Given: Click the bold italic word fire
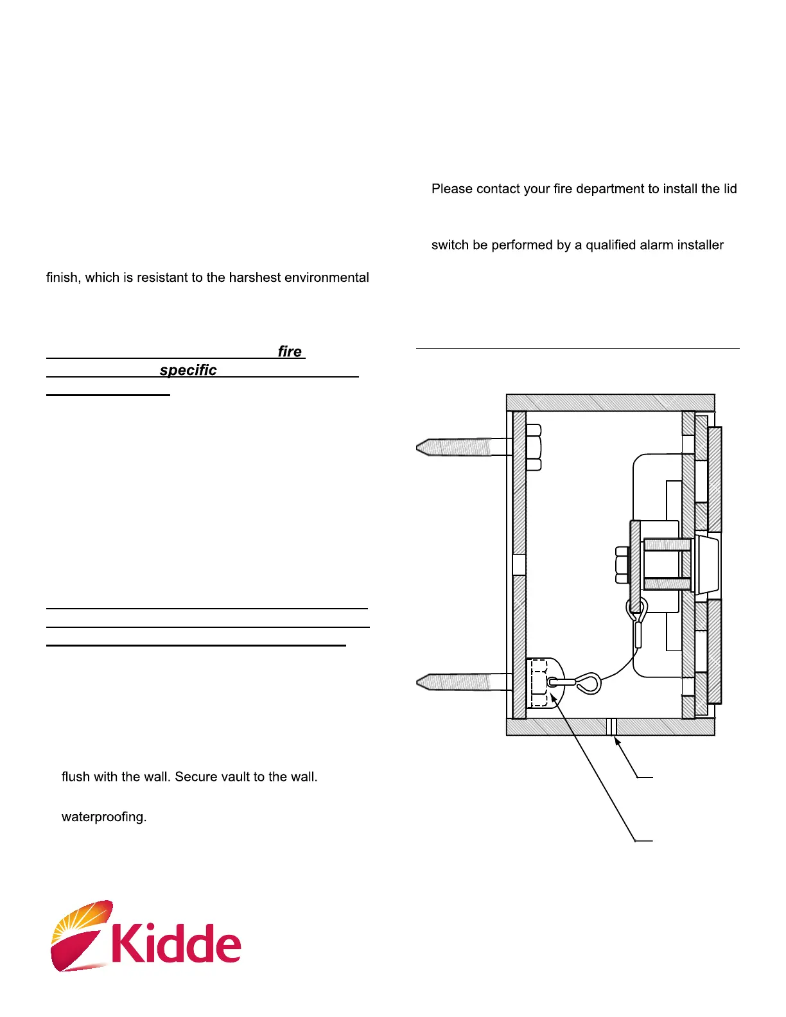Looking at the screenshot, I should click(290, 351).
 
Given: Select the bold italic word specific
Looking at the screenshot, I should click(188, 370).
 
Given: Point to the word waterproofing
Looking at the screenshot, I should click(104, 817).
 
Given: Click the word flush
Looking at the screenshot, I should click(76, 776).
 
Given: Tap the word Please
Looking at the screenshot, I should click(452, 189).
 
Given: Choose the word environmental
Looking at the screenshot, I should click(327, 277).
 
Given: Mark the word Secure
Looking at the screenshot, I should click(196, 776).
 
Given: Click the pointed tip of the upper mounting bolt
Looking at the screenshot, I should click(421, 447).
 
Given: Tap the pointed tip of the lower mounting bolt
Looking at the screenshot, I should click(421, 681).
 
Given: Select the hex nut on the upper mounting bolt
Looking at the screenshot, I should click(534, 447).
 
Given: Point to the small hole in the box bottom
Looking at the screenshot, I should click(611, 727).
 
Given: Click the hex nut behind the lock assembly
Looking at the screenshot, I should click(622, 565).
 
